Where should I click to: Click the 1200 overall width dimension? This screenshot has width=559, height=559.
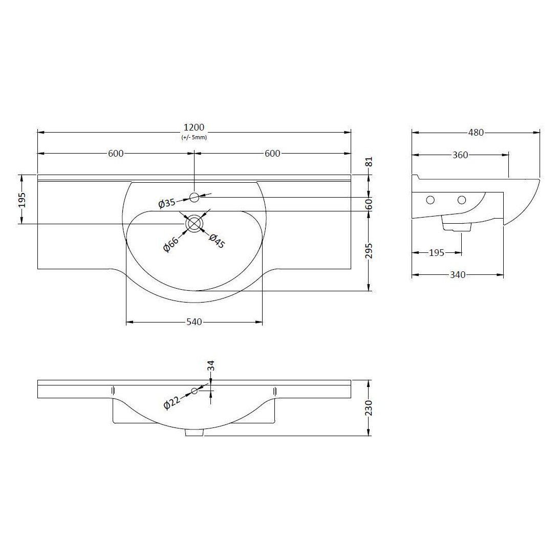(x=194, y=127)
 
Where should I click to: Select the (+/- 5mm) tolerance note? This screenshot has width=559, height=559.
(x=194, y=138)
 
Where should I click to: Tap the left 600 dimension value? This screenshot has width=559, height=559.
(x=116, y=154)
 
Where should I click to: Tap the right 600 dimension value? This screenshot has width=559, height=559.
(x=272, y=154)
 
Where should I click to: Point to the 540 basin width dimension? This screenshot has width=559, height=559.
(x=194, y=322)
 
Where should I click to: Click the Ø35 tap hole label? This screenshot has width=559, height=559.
(x=167, y=203)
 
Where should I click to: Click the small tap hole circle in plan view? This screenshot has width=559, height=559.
(x=194, y=197)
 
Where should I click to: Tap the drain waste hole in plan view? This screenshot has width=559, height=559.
(x=194, y=224)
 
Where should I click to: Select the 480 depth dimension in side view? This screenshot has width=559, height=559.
(x=476, y=133)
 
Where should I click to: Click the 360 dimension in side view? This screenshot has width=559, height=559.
(x=460, y=155)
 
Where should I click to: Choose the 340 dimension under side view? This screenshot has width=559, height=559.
(x=457, y=275)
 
